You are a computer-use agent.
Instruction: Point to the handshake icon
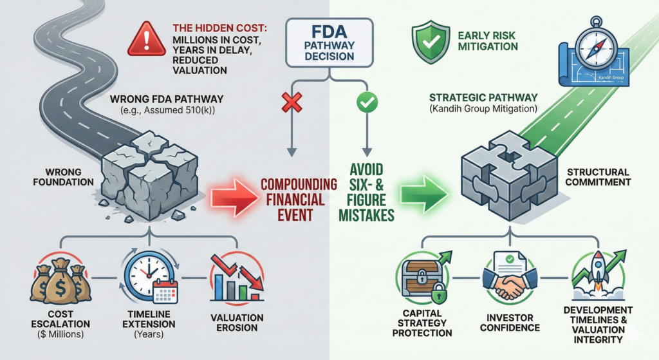click(508, 281)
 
